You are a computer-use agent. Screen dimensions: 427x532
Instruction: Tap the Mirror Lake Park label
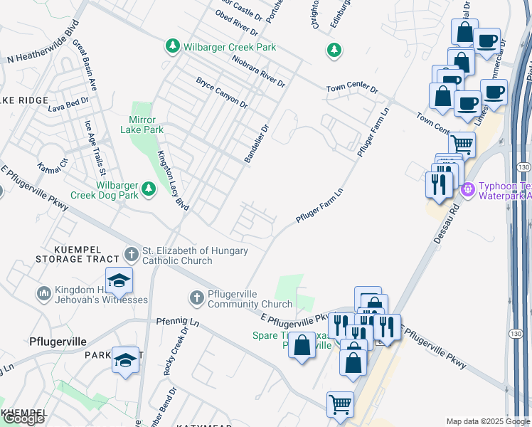point(147,125)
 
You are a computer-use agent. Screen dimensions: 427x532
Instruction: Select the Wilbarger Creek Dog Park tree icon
point(148,189)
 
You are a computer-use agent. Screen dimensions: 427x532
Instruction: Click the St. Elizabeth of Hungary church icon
point(131,253)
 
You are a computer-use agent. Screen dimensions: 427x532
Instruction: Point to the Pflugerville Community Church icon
point(196,297)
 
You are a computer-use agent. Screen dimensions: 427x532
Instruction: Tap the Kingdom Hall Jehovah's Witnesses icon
point(43,292)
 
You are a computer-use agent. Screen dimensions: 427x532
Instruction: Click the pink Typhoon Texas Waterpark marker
point(467,189)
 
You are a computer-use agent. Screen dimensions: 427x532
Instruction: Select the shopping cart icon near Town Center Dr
point(462,145)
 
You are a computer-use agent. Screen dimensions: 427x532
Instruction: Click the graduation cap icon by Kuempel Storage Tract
point(119,280)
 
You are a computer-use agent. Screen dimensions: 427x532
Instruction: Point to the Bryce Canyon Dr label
point(221,93)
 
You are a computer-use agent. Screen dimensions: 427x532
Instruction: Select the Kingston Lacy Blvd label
point(173,180)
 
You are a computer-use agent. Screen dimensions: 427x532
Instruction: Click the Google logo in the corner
point(23,418)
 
